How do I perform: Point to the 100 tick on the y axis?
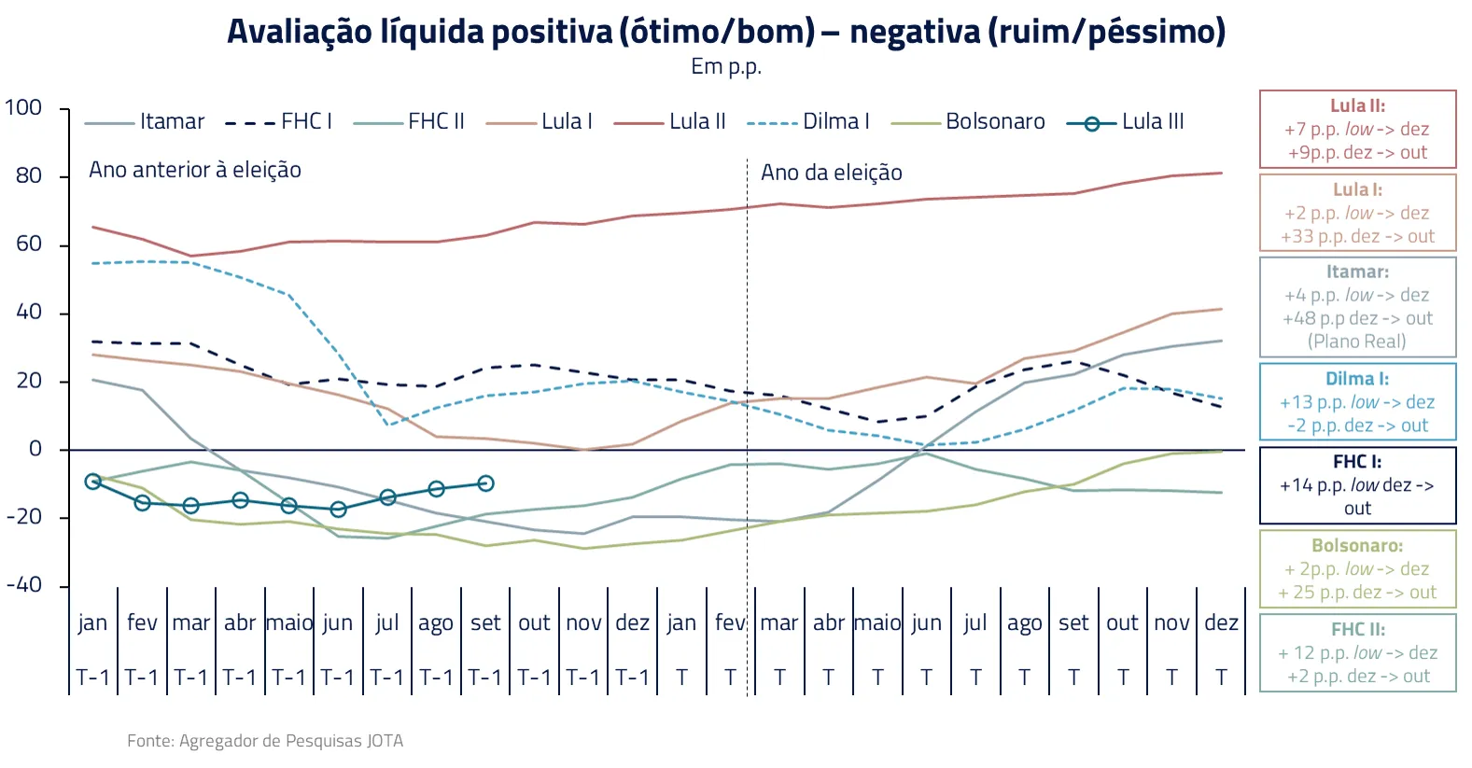tap(23, 108)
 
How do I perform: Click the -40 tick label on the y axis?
tap(23, 585)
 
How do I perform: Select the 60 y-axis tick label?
tap(29, 244)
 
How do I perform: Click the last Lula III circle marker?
tap(485, 483)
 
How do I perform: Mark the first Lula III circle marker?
tap(92, 482)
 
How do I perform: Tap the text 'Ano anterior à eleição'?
tap(195, 170)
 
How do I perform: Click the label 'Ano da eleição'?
tap(831, 173)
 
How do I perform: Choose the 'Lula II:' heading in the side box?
tap(1357, 106)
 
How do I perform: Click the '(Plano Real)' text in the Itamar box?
tap(1357, 342)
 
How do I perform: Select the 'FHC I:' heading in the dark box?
tap(1357, 462)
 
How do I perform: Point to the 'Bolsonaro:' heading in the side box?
tap(1357, 546)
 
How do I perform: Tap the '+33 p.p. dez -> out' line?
tap(1357, 237)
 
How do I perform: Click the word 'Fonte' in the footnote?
tap(149, 741)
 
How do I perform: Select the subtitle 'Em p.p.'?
tap(726, 67)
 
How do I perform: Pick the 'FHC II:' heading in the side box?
tap(1357, 630)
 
